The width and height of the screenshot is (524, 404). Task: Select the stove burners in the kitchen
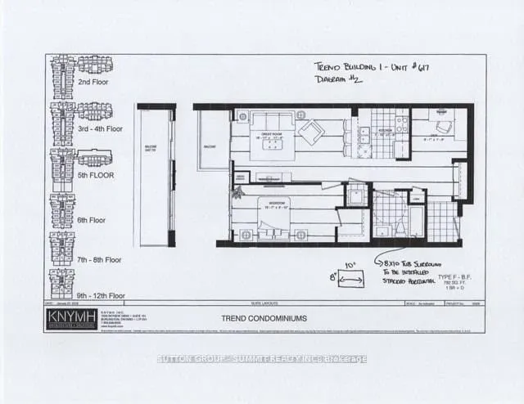401,124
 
